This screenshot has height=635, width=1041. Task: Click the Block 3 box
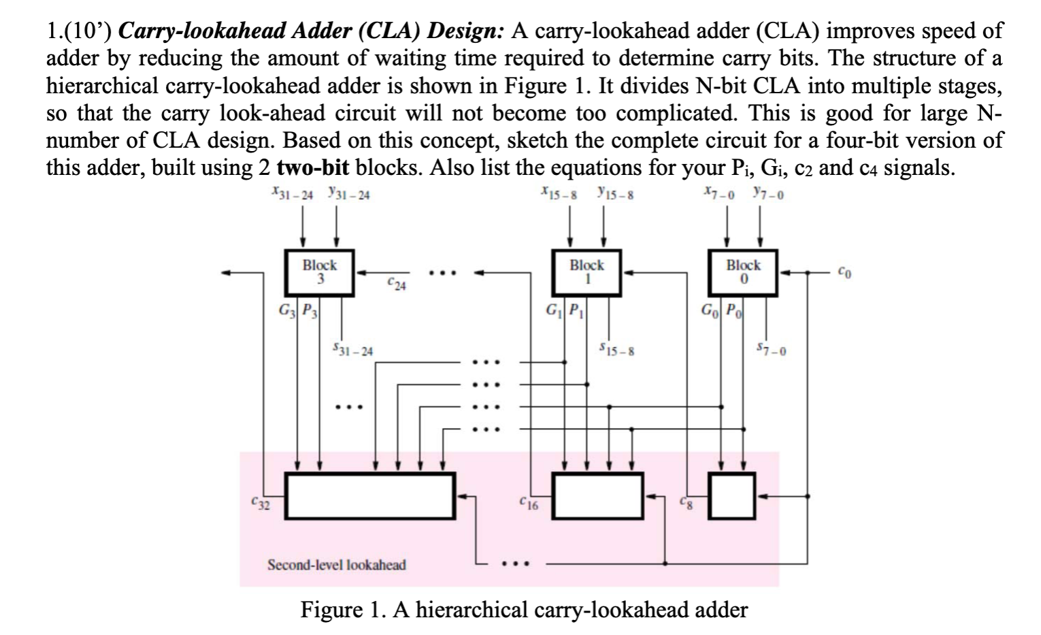point(319,272)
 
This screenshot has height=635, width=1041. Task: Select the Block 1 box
point(586,272)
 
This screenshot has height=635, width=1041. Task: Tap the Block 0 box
point(743,272)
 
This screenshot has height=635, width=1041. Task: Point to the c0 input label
point(843,273)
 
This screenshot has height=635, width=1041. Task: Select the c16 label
point(527,505)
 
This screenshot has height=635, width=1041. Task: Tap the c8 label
point(684,505)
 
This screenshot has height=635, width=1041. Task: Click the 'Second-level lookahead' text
point(337,565)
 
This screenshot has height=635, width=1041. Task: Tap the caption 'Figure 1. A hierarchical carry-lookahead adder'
point(524,609)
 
